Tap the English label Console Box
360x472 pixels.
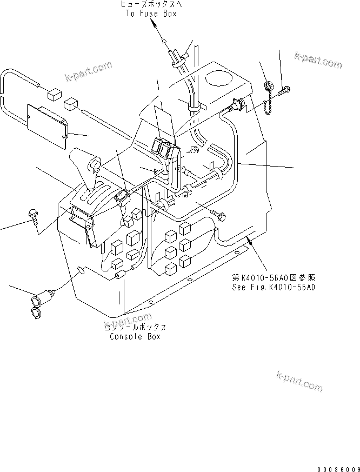click(135, 336)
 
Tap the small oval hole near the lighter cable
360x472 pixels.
click(81, 268)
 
